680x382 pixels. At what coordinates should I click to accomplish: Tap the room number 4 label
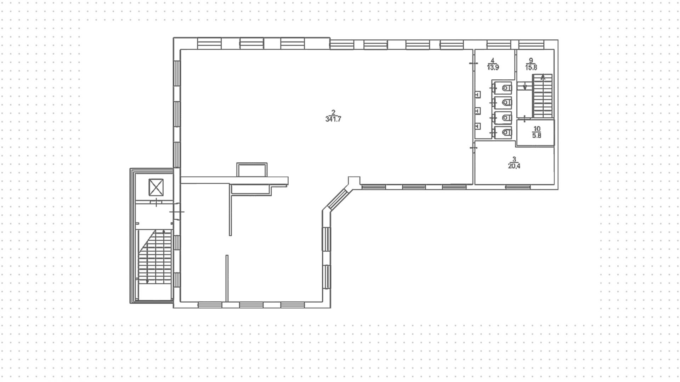click(493, 60)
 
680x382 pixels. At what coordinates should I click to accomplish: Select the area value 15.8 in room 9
click(531, 67)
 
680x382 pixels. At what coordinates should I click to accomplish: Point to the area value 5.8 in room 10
click(537, 135)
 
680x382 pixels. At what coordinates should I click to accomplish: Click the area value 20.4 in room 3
click(514, 166)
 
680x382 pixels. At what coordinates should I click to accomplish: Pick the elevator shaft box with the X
click(156, 187)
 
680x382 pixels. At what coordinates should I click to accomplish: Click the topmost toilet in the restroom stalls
click(507, 88)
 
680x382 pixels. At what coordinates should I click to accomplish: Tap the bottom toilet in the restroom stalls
click(507, 133)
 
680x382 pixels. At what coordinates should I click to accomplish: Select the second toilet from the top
click(507, 102)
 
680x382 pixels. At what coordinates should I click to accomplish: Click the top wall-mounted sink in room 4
click(477, 95)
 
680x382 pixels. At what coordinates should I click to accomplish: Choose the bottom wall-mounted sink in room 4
click(477, 126)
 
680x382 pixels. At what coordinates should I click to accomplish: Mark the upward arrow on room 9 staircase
click(543, 77)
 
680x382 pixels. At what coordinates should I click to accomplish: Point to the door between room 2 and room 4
click(473, 63)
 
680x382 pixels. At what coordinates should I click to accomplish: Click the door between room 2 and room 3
click(473, 147)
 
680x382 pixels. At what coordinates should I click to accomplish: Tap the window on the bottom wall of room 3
click(518, 187)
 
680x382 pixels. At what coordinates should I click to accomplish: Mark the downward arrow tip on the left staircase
click(147, 281)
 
